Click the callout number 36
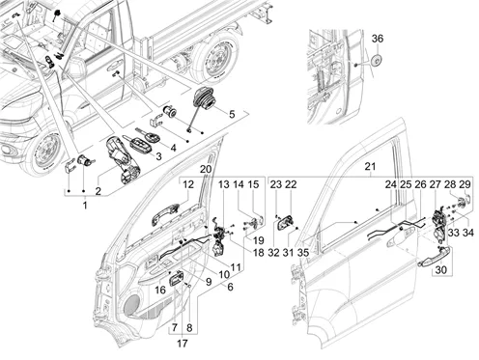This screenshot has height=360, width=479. pos(378,39)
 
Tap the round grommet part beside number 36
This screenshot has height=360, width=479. pos(377,60)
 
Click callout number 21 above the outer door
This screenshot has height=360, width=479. pos(370,167)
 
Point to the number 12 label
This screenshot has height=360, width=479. pos(188,184)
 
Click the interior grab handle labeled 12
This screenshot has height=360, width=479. pos(165,214)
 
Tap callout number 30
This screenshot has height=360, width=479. pos(441,269)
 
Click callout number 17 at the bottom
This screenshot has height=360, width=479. pos(183,344)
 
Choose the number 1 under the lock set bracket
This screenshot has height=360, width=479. pos(85,206)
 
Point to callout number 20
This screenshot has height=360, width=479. pos(206,169)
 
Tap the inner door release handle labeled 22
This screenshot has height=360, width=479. pos(285,223)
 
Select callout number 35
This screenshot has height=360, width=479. pos(303,253)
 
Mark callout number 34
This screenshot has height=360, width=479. pos(468,233)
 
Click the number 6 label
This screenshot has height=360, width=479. pos(230,287)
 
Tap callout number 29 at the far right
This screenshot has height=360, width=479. pos(465,184)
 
